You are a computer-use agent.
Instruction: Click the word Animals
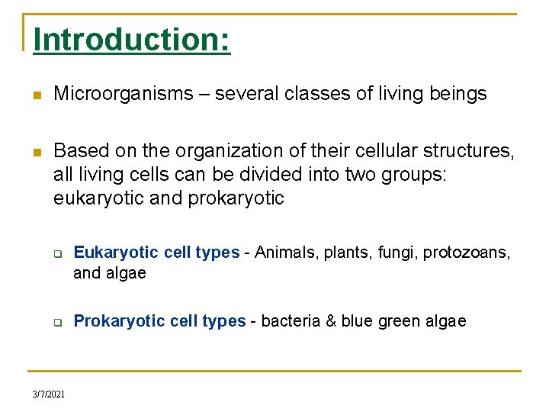pyautogui.click(x=284, y=253)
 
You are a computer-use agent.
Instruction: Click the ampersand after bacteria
pyautogui.click(x=331, y=321)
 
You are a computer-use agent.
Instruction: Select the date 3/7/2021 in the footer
pyautogui.click(x=49, y=394)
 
